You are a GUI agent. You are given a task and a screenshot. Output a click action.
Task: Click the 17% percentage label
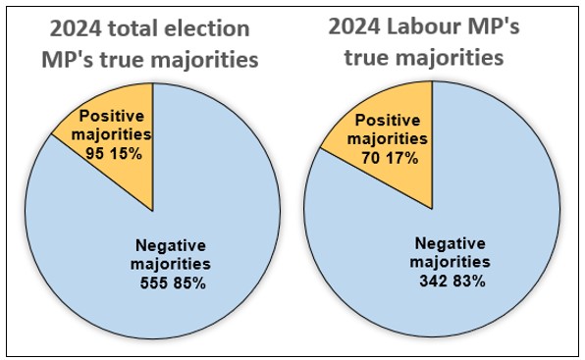tap(402, 157)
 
